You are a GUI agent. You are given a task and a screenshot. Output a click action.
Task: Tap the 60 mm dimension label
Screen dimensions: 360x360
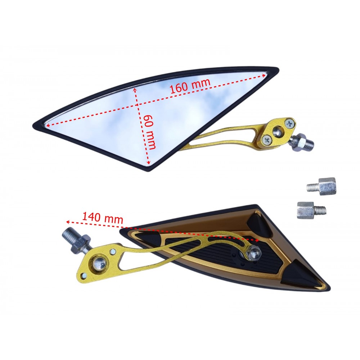click(x=150, y=132)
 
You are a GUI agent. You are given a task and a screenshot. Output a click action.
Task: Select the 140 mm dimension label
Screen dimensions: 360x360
click(x=103, y=218)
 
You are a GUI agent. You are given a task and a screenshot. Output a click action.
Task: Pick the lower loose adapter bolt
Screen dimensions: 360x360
click(x=311, y=210)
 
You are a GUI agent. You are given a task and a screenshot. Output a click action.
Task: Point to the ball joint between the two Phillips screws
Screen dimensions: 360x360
click(x=278, y=131)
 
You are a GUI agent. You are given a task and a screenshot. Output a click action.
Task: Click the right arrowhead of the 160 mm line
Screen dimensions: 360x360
click(x=266, y=74)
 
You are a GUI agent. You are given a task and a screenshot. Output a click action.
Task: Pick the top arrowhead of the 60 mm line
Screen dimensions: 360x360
click(x=135, y=88)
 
